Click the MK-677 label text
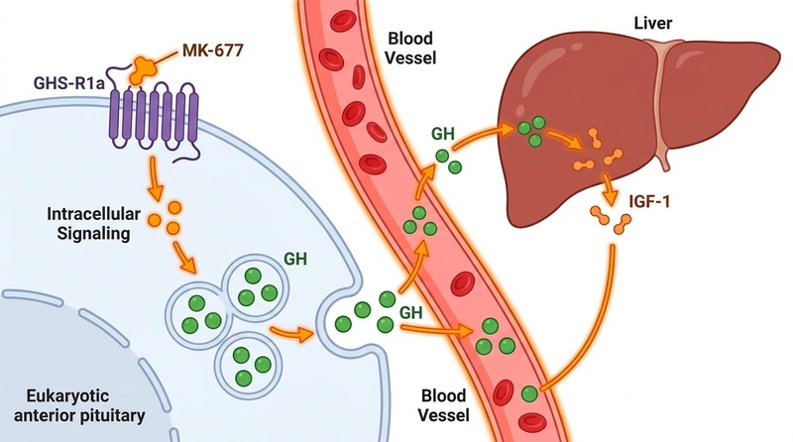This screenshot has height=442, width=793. [x=212, y=51]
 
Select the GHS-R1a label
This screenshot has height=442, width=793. [x=69, y=82]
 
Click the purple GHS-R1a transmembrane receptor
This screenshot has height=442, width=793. [x=154, y=119]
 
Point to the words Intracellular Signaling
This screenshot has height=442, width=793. [x=93, y=224]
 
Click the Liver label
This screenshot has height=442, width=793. [x=652, y=23]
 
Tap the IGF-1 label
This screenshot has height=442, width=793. [x=649, y=202]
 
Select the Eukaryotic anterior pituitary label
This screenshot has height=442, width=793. [x=79, y=405]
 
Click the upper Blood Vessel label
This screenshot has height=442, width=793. [x=410, y=48]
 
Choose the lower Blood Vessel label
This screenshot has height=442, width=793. [x=443, y=405]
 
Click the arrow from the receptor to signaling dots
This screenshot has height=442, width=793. [x=156, y=178]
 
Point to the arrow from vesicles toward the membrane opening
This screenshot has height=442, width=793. [x=291, y=333]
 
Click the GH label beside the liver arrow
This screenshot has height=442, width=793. [x=442, y=134]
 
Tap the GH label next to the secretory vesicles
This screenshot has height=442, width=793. [x=295, y=259]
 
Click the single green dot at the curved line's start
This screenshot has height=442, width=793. [x=529, y=394]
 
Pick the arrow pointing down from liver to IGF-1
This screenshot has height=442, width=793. [x=609, y=188]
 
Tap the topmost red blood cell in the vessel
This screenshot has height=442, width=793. [x=342, y=21]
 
